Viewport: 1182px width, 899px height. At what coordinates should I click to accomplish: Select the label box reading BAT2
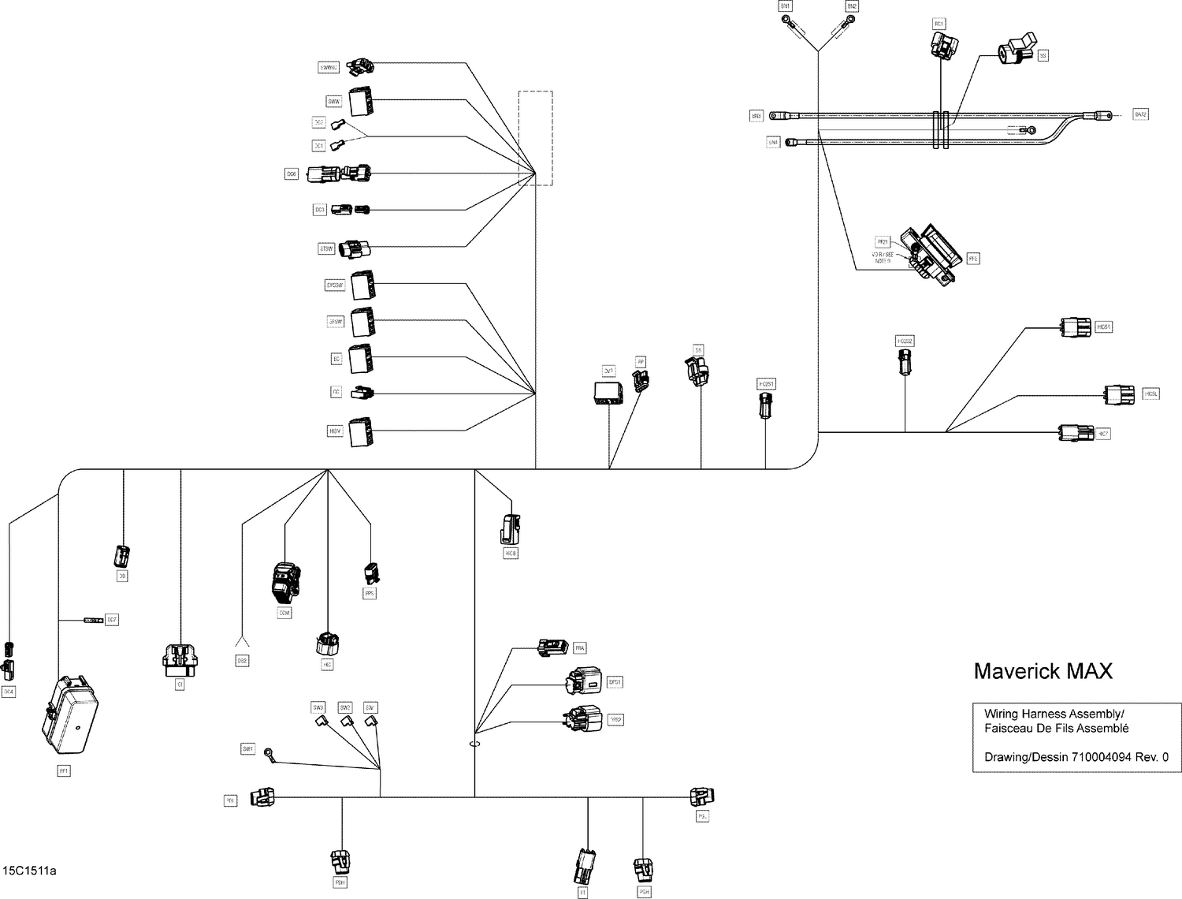click(1140, 115)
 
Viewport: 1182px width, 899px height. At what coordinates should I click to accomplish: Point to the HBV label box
click(335, 431)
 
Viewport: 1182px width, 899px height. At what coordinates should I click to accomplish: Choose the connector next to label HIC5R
click(1076, 327)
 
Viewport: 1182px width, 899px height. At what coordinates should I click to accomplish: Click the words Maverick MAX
click(1043, 671)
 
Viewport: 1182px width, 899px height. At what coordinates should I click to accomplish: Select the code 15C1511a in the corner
click(29, 871)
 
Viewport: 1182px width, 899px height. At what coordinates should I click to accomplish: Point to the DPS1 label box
click(615, 682)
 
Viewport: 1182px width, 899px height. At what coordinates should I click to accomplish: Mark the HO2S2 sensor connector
click(905, 363)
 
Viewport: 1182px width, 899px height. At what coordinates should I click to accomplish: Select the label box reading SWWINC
click(329, 68)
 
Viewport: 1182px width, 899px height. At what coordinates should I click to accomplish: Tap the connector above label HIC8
click(511, 529)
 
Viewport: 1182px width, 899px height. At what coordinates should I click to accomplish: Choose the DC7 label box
click(112, 620)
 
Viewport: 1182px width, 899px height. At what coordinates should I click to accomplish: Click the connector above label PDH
click(341, 860)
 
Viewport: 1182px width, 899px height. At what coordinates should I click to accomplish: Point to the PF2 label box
click(973, 259)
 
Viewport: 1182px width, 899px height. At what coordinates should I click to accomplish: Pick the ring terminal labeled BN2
click(845, 24)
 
